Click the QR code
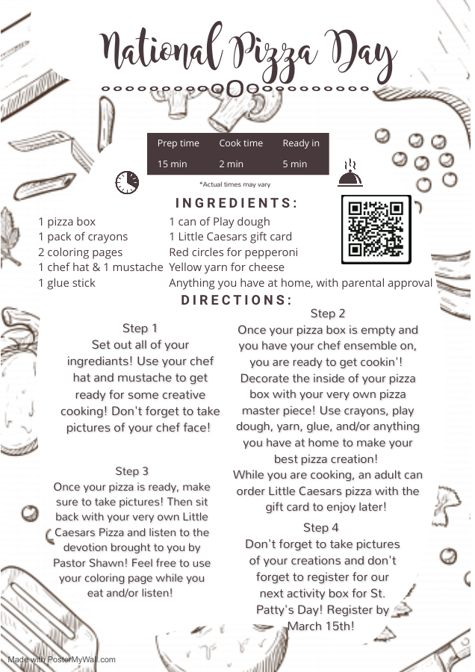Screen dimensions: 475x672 376,229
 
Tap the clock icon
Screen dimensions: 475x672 127,182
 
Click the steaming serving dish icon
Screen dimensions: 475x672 350,173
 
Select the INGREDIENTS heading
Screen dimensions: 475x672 237,202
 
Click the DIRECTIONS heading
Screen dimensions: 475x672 237,300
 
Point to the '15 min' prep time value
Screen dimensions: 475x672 172,164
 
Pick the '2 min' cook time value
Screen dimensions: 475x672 231,164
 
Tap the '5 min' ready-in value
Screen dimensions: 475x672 294,164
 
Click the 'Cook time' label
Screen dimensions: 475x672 241,143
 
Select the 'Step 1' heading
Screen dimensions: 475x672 140,329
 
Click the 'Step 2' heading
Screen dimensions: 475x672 328,314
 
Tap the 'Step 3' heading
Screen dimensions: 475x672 131,471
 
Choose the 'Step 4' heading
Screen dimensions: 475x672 320,528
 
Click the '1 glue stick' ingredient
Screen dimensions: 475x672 67,283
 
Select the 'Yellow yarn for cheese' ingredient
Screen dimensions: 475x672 227,267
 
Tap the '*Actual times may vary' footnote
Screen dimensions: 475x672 235,184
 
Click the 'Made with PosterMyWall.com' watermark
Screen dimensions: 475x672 61,659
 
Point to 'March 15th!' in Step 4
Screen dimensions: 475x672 320,626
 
